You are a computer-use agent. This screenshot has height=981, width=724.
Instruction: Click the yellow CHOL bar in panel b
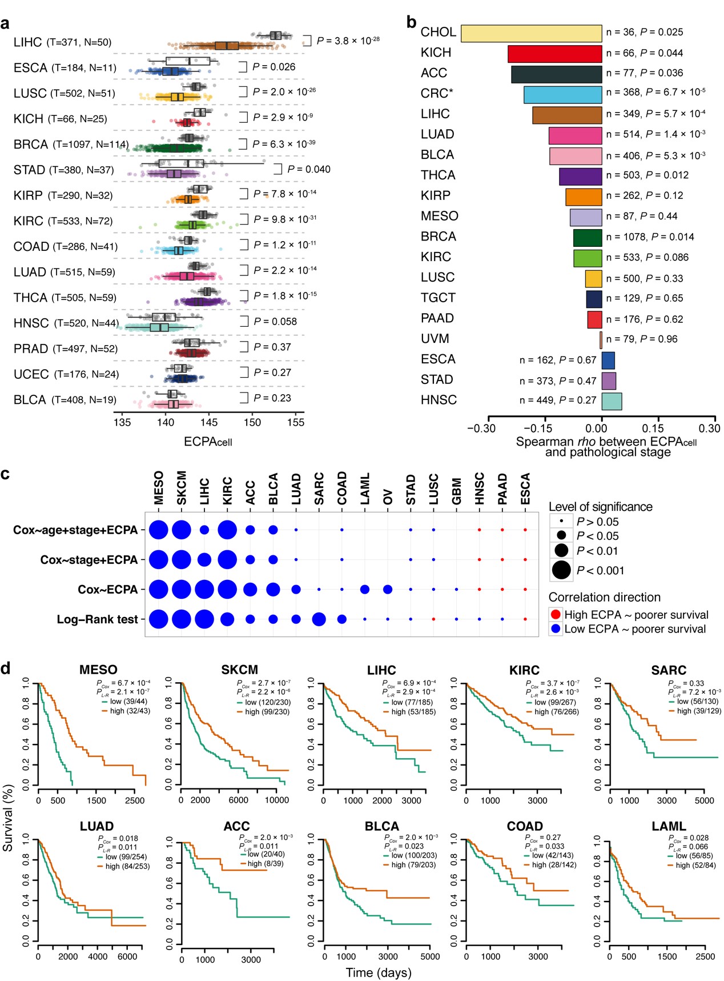[x=531, y=33]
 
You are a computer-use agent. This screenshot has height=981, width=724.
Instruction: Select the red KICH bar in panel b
[x=554, y=54]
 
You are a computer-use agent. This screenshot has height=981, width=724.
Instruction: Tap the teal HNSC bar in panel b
[x=612, y=401]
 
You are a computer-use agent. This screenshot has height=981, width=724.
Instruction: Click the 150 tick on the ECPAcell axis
[x=252, y=423]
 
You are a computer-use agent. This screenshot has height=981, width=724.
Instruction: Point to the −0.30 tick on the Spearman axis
[x=481, y=429]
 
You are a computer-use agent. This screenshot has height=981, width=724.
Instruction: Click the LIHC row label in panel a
[x=28, y=42]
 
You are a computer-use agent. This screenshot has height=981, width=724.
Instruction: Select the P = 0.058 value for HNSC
[x=275, y=322]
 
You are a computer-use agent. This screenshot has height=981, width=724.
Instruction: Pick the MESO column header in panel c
[x=159, y=488]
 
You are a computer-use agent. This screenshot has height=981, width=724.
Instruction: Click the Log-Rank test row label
[x=97, y=619]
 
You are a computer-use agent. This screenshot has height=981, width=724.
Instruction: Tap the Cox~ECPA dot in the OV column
[x=388, y=589]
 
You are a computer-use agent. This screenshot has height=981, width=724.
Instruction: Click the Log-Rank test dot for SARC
[x=319, y=619]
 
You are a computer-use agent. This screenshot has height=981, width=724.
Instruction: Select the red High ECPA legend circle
[x=556, y=615]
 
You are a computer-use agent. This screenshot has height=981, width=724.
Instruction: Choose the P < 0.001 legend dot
[x=562, y=570]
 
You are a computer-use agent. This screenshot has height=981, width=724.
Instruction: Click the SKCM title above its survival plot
[x=239, y=670]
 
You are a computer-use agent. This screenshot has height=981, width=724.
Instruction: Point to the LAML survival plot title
[x=669, y=826]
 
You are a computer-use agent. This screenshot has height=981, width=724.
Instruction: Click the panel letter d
[x=6, y=667]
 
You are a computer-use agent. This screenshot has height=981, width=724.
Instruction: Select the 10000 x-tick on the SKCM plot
[x=276, y=800]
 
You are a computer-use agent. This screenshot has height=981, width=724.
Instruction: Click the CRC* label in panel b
[x=437, y=94]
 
